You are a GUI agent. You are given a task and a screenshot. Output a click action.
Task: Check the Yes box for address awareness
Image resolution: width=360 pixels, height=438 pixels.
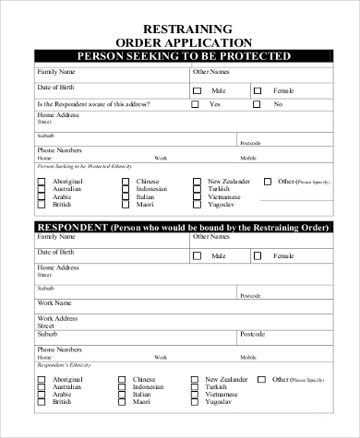(x=196, y=105)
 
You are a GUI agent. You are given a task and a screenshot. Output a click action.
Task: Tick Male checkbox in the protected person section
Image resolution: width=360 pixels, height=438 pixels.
(x=197, y=90)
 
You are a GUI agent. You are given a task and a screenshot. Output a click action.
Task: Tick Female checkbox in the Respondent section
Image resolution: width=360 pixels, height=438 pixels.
(x=258, y=255)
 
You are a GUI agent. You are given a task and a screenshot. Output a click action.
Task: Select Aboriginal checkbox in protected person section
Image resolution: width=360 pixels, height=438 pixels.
(x=42, y=183)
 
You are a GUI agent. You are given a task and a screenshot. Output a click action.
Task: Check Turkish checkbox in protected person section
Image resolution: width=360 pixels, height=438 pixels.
(x=196, y=190)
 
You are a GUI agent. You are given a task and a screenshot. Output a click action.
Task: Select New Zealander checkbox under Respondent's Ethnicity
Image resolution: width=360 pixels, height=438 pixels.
(x=196, y=379)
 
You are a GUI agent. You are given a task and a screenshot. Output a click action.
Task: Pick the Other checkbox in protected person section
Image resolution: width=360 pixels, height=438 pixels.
(x=269, y=182)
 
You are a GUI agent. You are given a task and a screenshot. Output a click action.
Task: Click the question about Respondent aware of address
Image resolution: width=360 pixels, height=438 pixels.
(x=92, y=105)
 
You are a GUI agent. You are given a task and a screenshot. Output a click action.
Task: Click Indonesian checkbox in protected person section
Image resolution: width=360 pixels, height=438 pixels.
(x=125, y=190)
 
